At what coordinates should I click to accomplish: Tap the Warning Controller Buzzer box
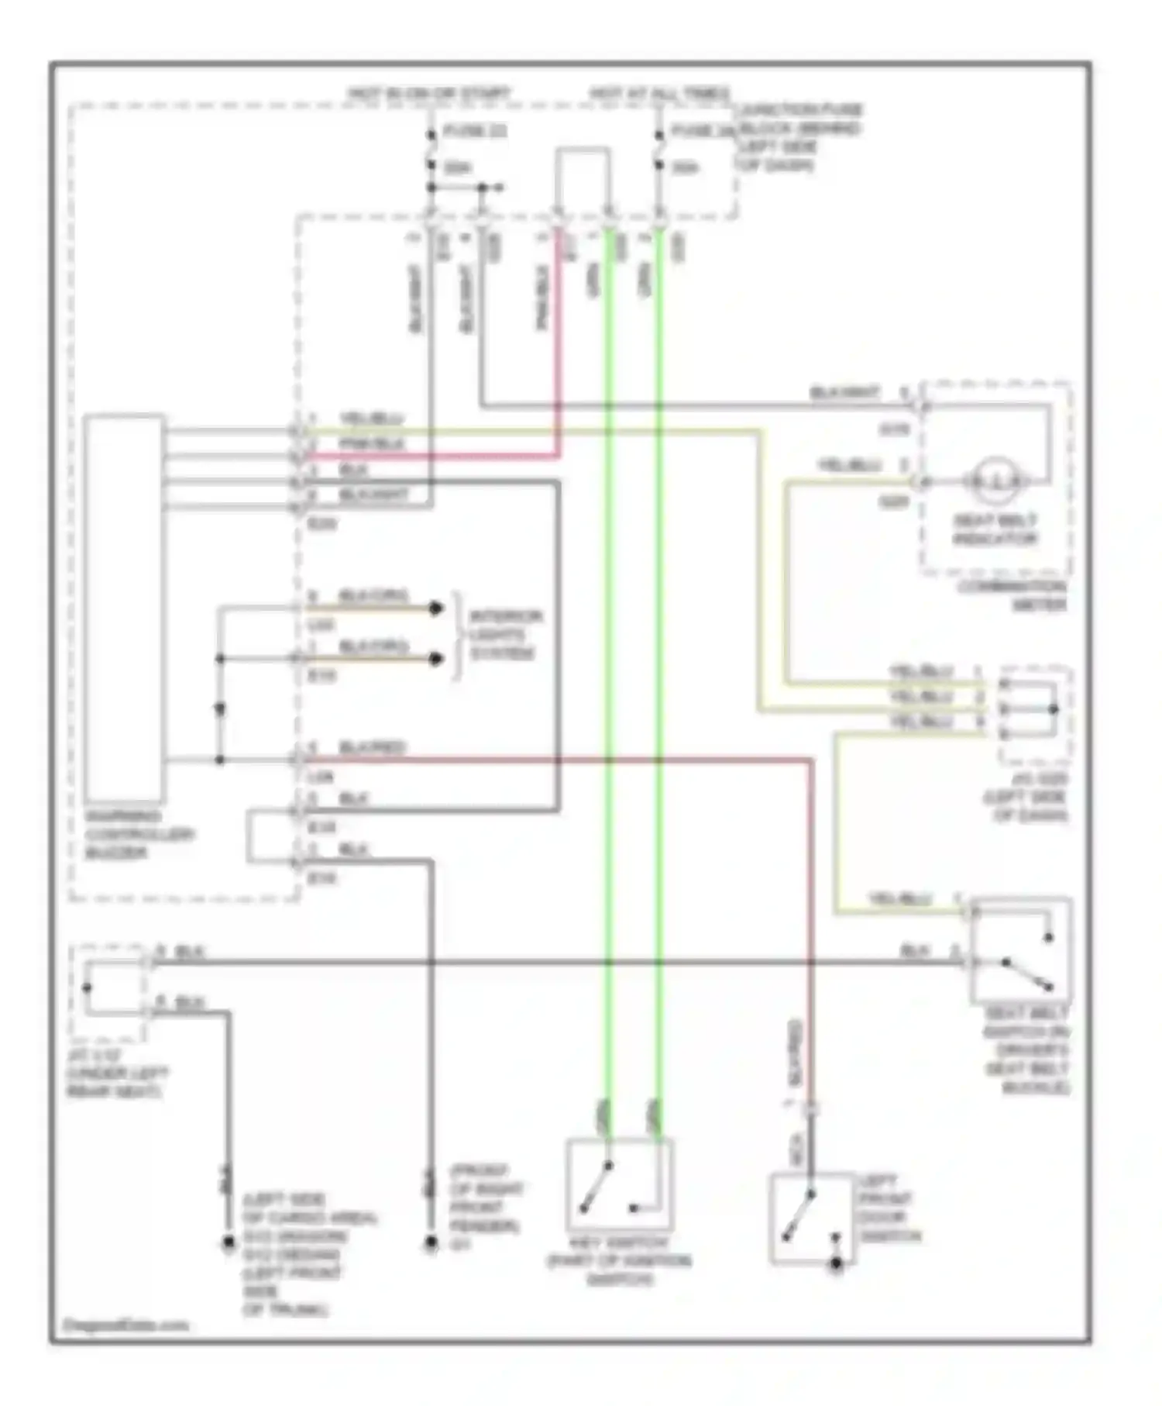tap(124, 608)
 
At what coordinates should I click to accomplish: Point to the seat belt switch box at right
tap(1021, 950)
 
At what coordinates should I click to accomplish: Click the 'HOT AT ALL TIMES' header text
tap(659, 94)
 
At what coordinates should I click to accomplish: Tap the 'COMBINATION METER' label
tap(1011, 596)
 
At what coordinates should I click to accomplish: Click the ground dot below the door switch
tap(837, 1266)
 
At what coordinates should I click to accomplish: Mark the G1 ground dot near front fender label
tap(431, 1245)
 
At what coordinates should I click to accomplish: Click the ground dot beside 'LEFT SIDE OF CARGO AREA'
tap(228, 1243)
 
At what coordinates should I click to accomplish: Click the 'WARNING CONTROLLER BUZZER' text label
tap(139, 835)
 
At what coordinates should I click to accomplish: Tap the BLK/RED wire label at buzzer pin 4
tap(372, 748)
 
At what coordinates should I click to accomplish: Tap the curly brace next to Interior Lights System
tap(457, 635)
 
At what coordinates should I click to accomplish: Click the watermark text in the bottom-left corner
tap(124, 1325)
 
